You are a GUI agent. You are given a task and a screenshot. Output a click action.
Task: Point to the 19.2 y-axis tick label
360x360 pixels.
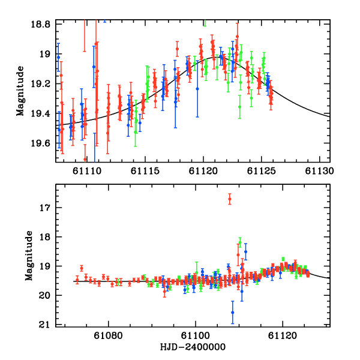42,84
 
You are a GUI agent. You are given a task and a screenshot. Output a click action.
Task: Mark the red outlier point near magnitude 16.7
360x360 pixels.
230,200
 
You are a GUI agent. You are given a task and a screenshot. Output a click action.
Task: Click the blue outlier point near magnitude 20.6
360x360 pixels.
233,312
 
